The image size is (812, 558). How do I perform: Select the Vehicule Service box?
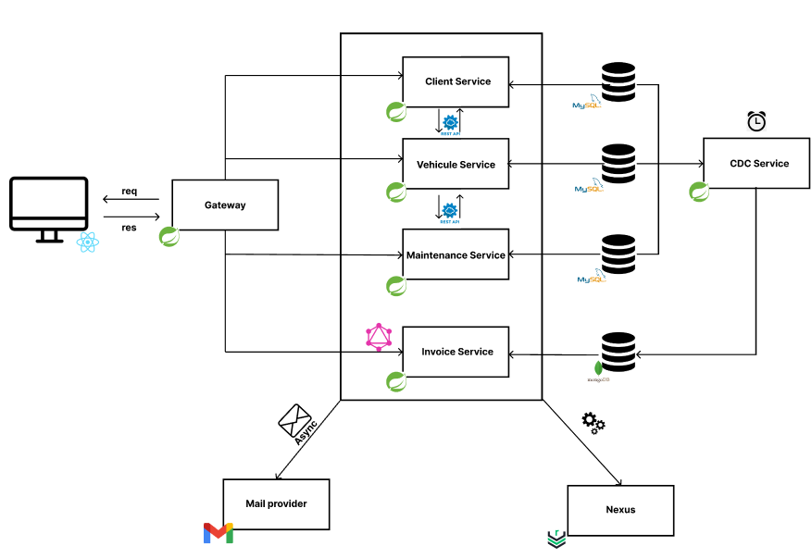click(x=456, y=165)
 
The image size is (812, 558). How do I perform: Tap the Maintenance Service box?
click(x=456, y=255)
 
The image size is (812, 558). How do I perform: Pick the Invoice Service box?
click(x=456, y=352)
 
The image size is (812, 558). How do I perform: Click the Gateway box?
click(x=225, y=205)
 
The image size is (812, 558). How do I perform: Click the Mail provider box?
click(x=276, y=503)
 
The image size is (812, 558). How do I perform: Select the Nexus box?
click(x=620, y=509)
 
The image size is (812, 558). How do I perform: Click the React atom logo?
click(x=88, y=242)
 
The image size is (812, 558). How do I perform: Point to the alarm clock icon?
click(x=756, y=121)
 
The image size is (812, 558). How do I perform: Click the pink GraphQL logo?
click(x=379, y=337)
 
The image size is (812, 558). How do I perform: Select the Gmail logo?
click(x=219, y=533)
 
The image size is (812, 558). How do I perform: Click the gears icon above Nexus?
click(x=593, y=424)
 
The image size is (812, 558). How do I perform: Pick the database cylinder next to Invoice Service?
click(x=618, y=353)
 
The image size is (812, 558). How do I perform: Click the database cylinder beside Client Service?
click(x=618, y=81)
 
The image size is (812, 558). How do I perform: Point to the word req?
click(x=130, y=192)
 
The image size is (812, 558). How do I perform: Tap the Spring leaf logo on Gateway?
click(x=169, y=237)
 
